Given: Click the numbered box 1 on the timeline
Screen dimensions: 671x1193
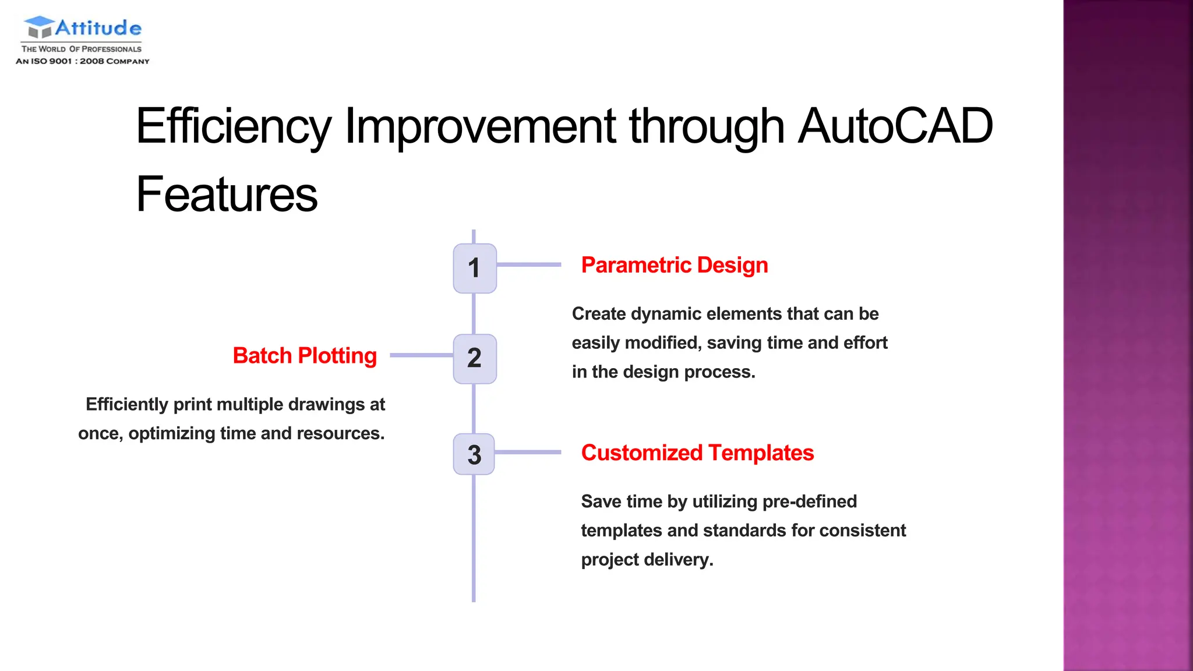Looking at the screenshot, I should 475,268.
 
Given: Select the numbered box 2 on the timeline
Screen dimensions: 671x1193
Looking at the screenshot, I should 475,358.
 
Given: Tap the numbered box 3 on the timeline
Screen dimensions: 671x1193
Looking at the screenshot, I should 474,454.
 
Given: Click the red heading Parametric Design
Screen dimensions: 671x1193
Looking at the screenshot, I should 674,265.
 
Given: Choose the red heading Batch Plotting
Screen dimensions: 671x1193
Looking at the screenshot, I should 305,355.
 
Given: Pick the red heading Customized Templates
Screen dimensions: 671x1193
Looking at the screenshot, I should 697,453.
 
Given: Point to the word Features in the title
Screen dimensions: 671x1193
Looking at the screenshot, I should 227,194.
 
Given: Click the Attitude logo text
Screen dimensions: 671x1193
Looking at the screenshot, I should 98,28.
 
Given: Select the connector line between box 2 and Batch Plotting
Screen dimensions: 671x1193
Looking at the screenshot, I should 421,355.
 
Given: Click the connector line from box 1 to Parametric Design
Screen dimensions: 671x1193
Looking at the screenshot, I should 528,264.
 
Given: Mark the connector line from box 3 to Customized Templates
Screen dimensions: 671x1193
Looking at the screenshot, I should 527,452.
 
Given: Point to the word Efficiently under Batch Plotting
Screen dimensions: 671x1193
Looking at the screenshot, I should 126,404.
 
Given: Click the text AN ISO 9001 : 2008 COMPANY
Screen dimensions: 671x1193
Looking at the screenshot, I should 82,61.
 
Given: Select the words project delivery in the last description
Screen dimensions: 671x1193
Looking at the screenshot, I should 647,560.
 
